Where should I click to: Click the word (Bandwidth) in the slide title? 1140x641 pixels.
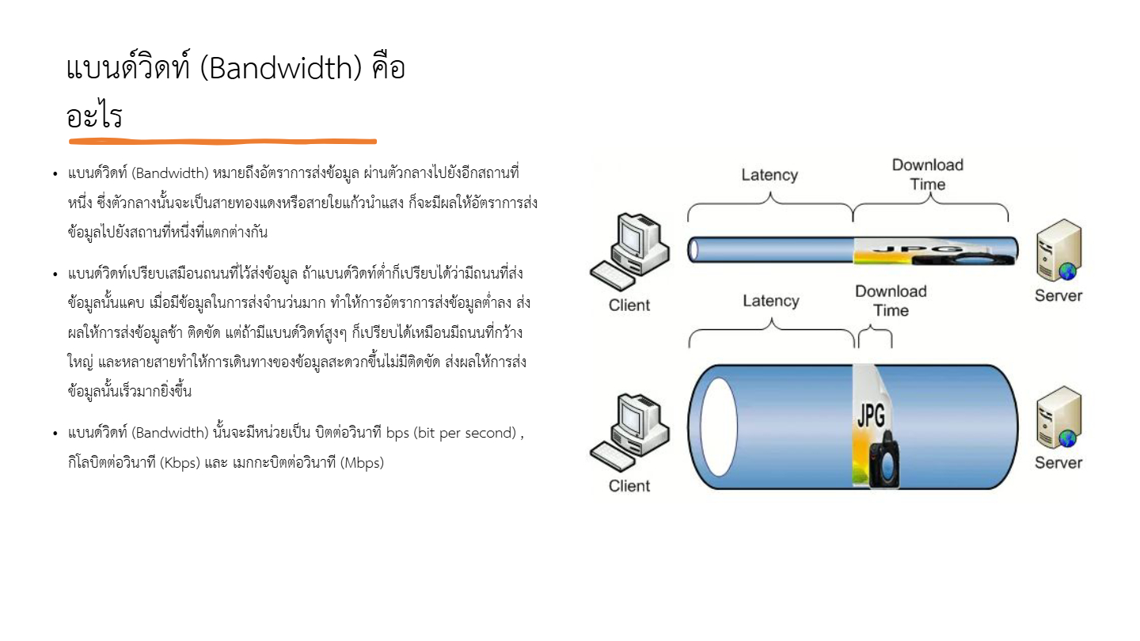point(281,68)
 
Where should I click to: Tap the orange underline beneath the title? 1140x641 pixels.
point(223,142)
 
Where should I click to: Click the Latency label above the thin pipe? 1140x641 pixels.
point(769,175)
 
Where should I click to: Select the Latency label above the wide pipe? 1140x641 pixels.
point(771,301)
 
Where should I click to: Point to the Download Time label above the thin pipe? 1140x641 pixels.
point(928,174)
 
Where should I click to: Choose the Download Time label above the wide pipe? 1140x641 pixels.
point(891,301)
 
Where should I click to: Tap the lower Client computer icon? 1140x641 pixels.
point(630,432)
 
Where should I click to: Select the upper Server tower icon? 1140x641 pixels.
point(1059,250)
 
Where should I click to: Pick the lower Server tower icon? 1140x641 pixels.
point(1059,416)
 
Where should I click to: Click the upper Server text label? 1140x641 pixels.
point(1058,296)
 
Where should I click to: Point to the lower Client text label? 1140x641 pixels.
point(629,486)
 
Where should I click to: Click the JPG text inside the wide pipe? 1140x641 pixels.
point(871,415)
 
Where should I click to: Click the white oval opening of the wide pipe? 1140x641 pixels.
point(719,427)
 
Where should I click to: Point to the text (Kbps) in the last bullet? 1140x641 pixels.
point(180,463)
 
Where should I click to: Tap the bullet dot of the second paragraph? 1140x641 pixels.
point(55,275)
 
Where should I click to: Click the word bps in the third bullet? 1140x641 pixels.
point(397,434)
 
